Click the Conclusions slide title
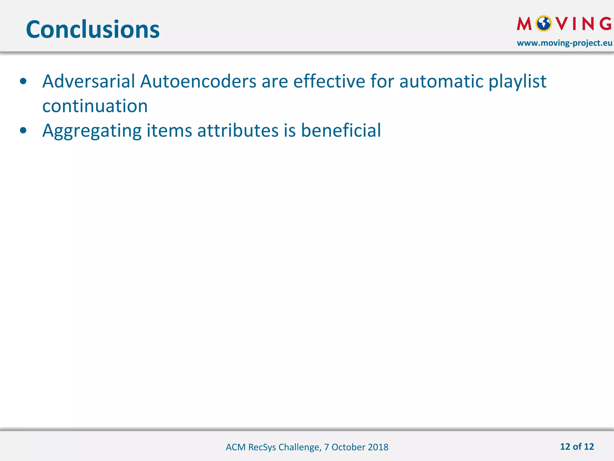click(x=93, y=29)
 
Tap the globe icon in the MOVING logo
click(x=544, y=23)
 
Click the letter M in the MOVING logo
click(x=524, y=24)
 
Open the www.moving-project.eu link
click(x=564, y=43)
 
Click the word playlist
click(x=517, y=82)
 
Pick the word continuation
click(x=95, y=106)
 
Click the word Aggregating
click(x=92, y=131)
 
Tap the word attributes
click(x=238, y=131)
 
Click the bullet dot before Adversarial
click(x=23, y=81)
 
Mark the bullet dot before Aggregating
click(x=23, y=131)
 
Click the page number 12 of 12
click(x=577, y=447)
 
